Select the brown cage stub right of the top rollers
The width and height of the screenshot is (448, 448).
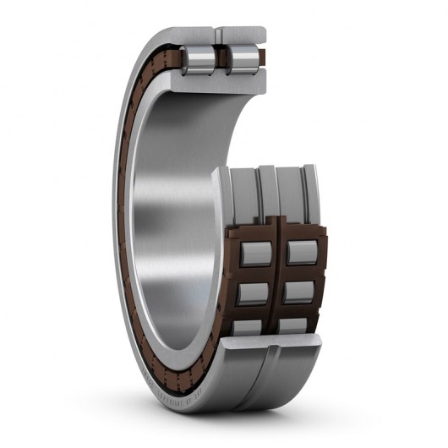pos(261,57)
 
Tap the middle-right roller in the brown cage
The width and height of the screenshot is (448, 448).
pos(298,292)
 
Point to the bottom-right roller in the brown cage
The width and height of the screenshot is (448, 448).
pos(293,325)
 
